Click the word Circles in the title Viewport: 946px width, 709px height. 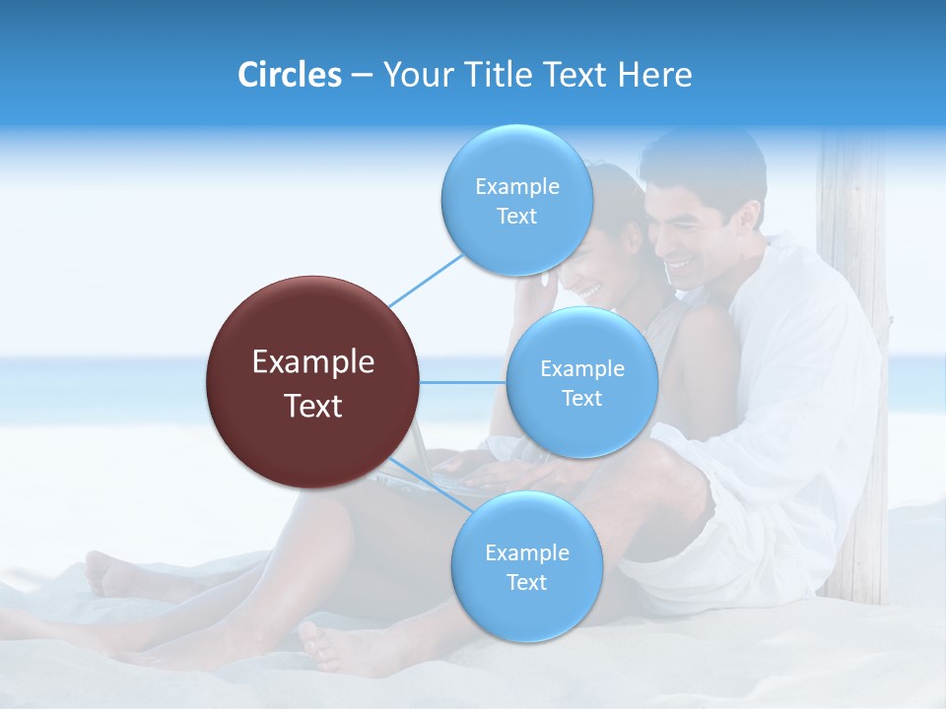tap(289, 75)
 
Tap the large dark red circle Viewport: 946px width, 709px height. tap(313, 381)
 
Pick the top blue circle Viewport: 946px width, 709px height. tap(516, 200)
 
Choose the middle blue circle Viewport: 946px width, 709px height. tap(581, 382)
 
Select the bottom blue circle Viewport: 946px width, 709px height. tap(526, 566)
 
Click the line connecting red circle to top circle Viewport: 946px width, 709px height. tap(427, 280)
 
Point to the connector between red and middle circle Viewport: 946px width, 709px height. tap(463, 382)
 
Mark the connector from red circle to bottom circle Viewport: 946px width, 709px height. tap(429, 484)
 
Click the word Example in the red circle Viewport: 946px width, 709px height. tap(313, 362)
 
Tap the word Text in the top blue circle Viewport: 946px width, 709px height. tap(516, 217)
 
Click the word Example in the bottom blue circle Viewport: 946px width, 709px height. tap(526, 552)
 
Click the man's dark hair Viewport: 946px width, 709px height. tap(705, 158)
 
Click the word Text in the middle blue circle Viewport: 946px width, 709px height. tap(581, 399)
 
